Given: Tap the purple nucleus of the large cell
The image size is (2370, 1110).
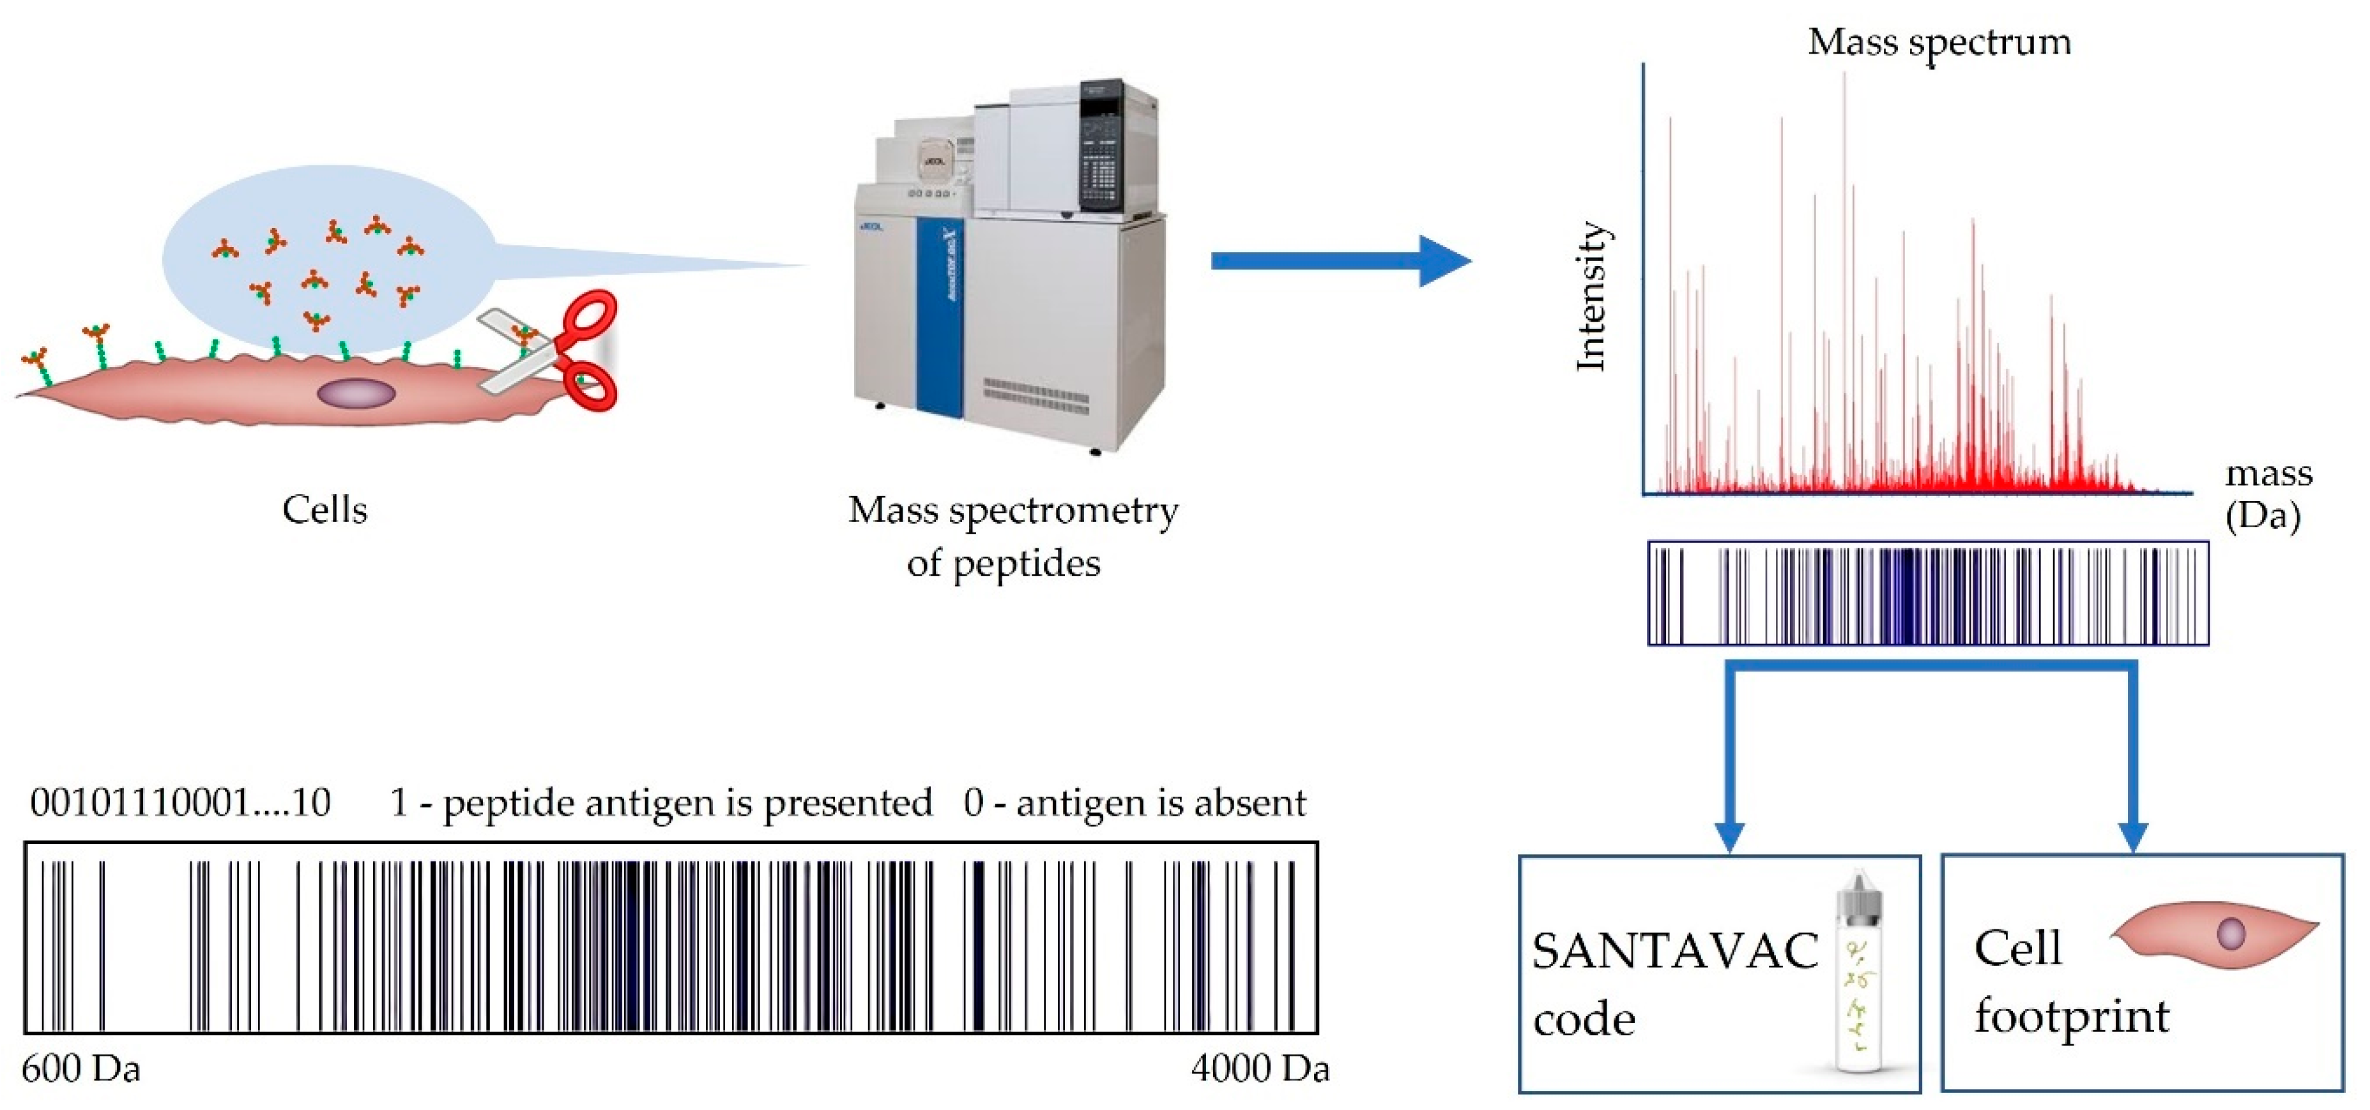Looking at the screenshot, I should [x=356, y=394].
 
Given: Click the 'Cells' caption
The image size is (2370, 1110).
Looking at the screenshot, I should [x=324, y=509].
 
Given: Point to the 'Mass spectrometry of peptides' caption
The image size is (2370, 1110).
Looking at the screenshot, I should [x=1011, y=536].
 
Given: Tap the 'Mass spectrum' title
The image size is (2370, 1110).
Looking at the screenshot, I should [x=1939, y=42].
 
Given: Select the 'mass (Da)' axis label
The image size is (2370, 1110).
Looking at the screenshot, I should [x=2267, y=494].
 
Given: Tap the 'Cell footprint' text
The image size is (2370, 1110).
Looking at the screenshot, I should [x=2070, y=982].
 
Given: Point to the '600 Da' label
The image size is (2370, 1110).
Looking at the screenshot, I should [x=81, y=1069].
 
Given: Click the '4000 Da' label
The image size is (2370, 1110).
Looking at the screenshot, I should [x=1260, y=1069].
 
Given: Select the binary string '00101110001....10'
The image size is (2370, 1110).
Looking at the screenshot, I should [x=180, y=803].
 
